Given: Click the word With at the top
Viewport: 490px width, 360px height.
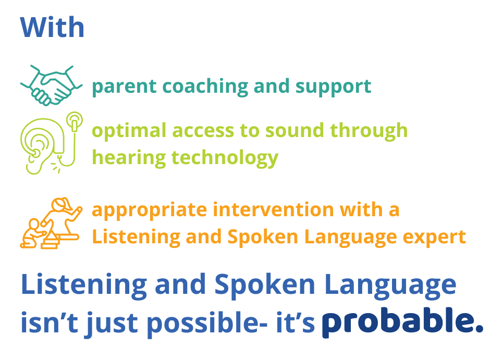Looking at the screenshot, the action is point(52,28).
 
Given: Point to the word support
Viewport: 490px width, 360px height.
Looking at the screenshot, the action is point(334,87).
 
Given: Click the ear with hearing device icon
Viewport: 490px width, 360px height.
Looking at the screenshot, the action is point(52,143).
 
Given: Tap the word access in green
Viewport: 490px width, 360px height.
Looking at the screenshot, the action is point(203,131).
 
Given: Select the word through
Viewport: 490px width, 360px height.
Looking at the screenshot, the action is point(369,131).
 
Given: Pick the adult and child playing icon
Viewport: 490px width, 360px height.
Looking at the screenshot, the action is point(51,224).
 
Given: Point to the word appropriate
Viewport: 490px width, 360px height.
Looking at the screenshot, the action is point(150,210).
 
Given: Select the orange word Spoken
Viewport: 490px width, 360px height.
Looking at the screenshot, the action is point(263,237).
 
